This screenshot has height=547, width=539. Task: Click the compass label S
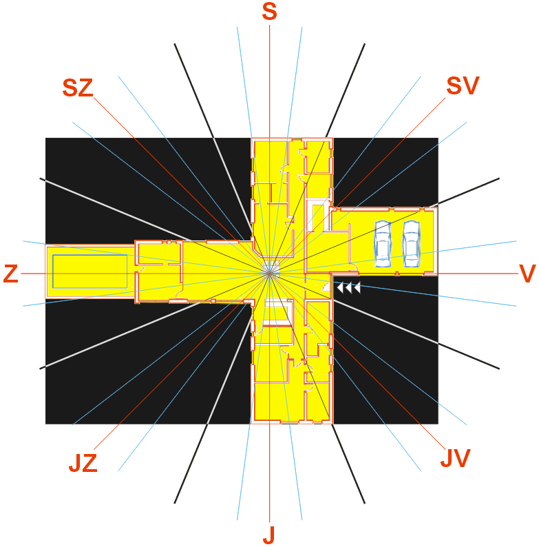click(x=270, y=11)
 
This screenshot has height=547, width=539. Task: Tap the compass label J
click(x=269, y=535)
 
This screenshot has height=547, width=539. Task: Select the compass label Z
click(x=10, y=273)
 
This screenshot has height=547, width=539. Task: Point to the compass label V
click(x=527, y=273)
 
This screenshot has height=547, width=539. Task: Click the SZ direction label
click(x=78, y=87)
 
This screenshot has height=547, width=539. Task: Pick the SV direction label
click(x=463, y=86)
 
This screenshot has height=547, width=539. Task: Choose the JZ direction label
click(x=83, y=463)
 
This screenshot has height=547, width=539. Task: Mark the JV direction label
click(x=456, y=458)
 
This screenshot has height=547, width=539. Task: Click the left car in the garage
click(x=383, y=243)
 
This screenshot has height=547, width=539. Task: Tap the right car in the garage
click(x=412, y=243)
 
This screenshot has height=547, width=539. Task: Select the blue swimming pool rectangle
click(x=90, y=271)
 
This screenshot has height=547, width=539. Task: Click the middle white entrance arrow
click(x=348, y=288)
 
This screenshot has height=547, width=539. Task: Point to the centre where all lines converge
click(x=270, y=273)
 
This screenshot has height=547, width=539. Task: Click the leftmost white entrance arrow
click(x=340, y=288)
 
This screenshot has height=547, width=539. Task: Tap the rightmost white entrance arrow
click(x=357, y=288)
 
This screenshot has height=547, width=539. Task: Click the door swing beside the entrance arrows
click(x=326, y=287)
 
